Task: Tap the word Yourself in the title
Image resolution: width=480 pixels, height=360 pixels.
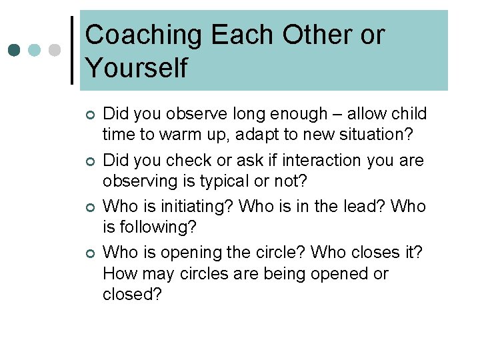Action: [137, 68]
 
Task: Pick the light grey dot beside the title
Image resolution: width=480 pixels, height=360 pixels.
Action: [55, 50]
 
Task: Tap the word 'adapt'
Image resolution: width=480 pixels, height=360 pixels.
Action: [247, 134]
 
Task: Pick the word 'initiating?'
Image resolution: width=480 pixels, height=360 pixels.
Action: [197, 207]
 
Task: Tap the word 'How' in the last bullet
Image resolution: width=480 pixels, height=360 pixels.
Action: [119, 274]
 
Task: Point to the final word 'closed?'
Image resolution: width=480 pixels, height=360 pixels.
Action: [133, 294]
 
